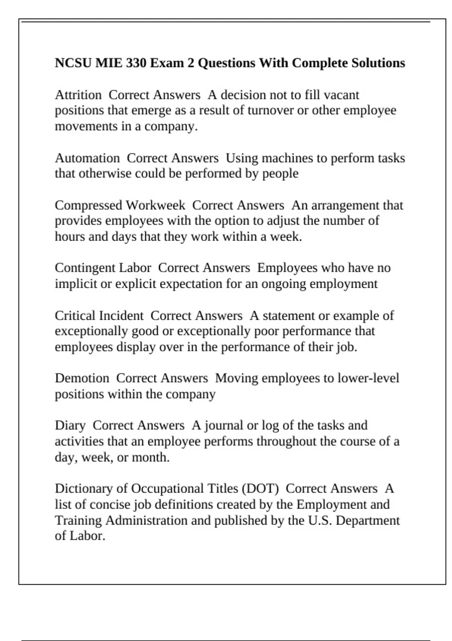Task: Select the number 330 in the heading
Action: [136, 63]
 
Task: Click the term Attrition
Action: [78, 95]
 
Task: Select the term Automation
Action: [87, 158]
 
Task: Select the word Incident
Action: [121, 315]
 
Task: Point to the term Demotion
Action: [82, 378]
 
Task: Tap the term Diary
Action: [70, 425]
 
